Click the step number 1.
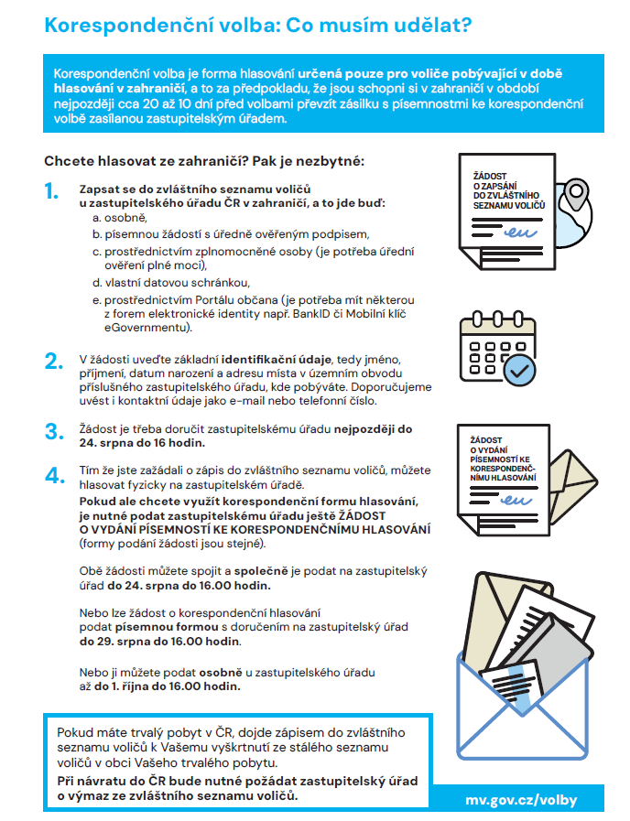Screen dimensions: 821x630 coord(51,193)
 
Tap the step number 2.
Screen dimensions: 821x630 coord(53,361)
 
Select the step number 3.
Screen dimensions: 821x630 coord(53,431)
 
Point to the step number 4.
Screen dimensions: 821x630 coord(53,475)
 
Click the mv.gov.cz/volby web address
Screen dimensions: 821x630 coord(521,799)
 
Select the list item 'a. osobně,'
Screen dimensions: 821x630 coord(119,218)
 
